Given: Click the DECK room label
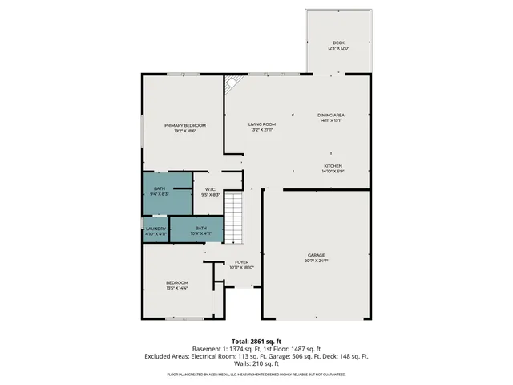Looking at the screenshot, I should pyautogui.click(x=337, y=43).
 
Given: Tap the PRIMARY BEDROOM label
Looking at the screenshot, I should pyautogui.click(x=185, y=125).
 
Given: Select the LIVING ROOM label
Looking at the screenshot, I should pyautogui.click(x=262, y=124).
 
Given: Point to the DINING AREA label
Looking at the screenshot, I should pyautogui.click(x=331, y=115).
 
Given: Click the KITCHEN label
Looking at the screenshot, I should pyautogui.click(x=333, y=166).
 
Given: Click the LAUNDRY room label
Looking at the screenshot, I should pyautogui.click(x=156, y=229).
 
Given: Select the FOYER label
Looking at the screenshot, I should pyautogui.click(x=241, y=262).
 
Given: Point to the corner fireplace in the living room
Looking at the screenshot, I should pyautogui.click(x=232, y=83).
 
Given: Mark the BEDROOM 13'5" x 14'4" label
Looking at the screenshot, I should pyautogui.click(x=177, y=282).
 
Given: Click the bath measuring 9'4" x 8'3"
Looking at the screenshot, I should pyautogui.click(x=160, y=192).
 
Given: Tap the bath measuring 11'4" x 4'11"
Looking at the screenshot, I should pyautogui.click(x=200, y=229).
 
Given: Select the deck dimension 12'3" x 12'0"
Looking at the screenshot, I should pyautogui.click(x=337, y=49).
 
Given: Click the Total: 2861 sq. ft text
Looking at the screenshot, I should pyautogui.click(x=256, y=340).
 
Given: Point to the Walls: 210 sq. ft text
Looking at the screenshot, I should pyautogui.click(x=256, y=363).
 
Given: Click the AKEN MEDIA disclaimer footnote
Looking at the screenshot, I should pyautogui.click(x=256, y=375).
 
